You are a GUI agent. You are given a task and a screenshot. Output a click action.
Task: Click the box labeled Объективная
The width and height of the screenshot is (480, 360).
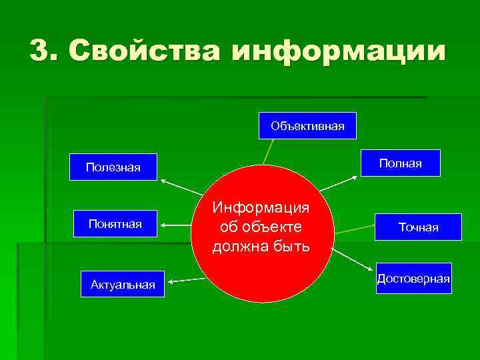[x=307, y=125]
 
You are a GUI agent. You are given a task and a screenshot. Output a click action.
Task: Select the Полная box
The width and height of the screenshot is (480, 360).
[x=401, y=163]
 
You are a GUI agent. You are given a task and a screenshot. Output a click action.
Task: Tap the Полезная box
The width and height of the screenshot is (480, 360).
[x=113, y=167]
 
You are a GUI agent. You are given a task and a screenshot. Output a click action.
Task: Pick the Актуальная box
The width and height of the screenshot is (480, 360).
[x=123, y=285]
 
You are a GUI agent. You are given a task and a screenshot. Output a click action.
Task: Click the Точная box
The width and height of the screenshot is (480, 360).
[x=418, y=227]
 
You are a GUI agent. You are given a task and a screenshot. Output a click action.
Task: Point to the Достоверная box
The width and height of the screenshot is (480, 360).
[x=413, y=278]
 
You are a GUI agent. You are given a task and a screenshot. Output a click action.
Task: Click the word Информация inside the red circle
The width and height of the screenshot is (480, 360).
[x=261, y=207]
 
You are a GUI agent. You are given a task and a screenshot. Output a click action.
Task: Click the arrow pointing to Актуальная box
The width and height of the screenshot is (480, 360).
[x=186, y=281]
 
